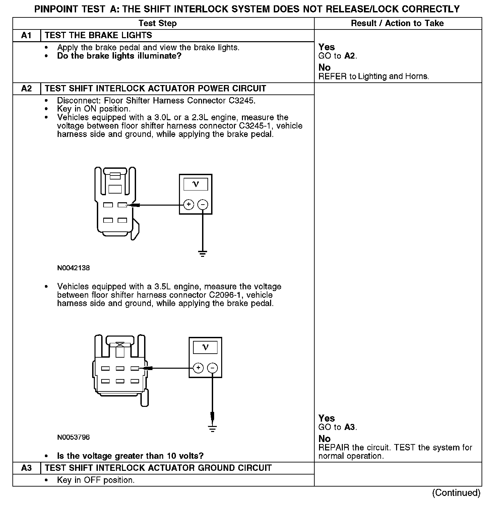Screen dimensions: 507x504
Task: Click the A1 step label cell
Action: (x=26, y=35)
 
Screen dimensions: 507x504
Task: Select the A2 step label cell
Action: (x=26, y=89)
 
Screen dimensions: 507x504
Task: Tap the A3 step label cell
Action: (x=26, y=468)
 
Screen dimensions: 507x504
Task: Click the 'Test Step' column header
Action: (x=157, y=23)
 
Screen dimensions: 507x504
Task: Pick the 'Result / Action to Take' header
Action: (x=397, y=23)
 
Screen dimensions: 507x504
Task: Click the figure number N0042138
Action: (x=73, y=268)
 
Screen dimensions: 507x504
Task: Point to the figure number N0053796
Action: (x=73, y=437)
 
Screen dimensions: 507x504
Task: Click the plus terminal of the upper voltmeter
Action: (x=189, y=204)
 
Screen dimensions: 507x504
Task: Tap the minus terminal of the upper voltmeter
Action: (x=203, y=204)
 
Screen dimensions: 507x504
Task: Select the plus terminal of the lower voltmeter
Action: (x=198, y=368)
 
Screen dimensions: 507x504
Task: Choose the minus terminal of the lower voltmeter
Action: (x=212, y=368)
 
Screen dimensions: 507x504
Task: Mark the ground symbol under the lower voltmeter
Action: (x=212, y=428)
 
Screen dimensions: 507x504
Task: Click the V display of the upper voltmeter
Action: (x=196, y=184)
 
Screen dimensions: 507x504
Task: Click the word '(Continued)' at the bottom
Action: (x=456, y=493)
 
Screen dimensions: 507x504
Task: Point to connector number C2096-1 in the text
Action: (x=226, y=295)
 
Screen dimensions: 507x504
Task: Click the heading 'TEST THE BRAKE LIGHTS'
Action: (x=98, y=35)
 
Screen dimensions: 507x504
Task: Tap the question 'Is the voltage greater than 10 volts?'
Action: (x=130, y=456)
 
